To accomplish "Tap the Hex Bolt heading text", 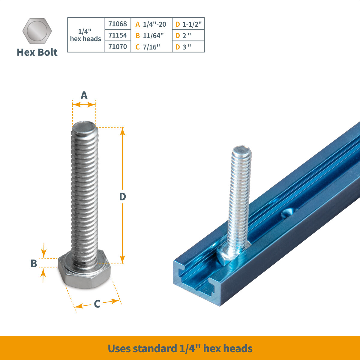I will click(37, 52).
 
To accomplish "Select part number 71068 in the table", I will click(118, 24).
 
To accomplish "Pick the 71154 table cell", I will click(118, 35).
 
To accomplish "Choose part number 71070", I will click(118, 46).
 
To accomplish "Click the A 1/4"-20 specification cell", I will click(151, 24).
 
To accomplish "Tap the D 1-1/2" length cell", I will click(188, 24).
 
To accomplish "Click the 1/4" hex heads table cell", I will click(85, 35).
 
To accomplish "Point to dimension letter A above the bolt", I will click(84, 95).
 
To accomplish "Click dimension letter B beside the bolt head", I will click(34, 263).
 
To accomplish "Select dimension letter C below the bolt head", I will click(97, 304).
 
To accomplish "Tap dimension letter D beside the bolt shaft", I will click(122, 197).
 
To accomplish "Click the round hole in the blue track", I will click(286, 213).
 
